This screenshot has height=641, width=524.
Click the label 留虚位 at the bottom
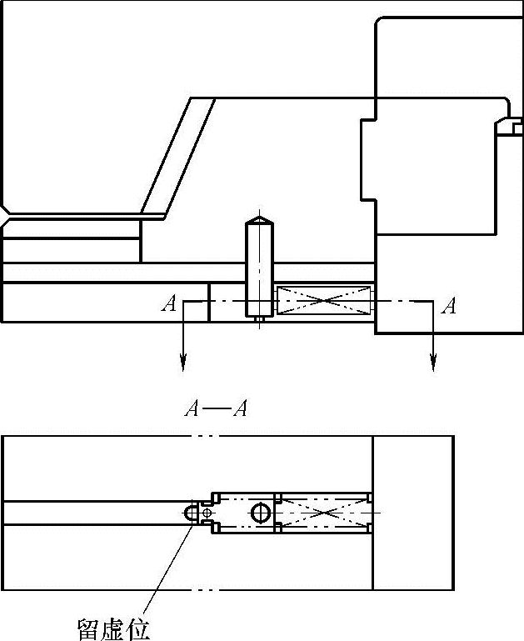114,628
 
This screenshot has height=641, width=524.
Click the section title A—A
216,409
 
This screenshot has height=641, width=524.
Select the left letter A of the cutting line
169,304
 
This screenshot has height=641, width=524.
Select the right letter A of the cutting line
449,306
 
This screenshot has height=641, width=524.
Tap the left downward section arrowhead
182,363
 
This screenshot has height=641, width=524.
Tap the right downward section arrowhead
432,363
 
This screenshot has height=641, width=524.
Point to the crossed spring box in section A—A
323,513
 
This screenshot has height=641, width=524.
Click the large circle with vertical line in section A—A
260,513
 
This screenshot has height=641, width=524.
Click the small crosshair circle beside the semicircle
207,513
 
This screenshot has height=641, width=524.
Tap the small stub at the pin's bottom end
260,318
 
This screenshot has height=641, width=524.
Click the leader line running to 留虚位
167,567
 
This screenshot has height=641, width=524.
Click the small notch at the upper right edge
510,127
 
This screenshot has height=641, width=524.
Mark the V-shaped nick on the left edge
5,216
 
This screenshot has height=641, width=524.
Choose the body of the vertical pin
260,267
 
